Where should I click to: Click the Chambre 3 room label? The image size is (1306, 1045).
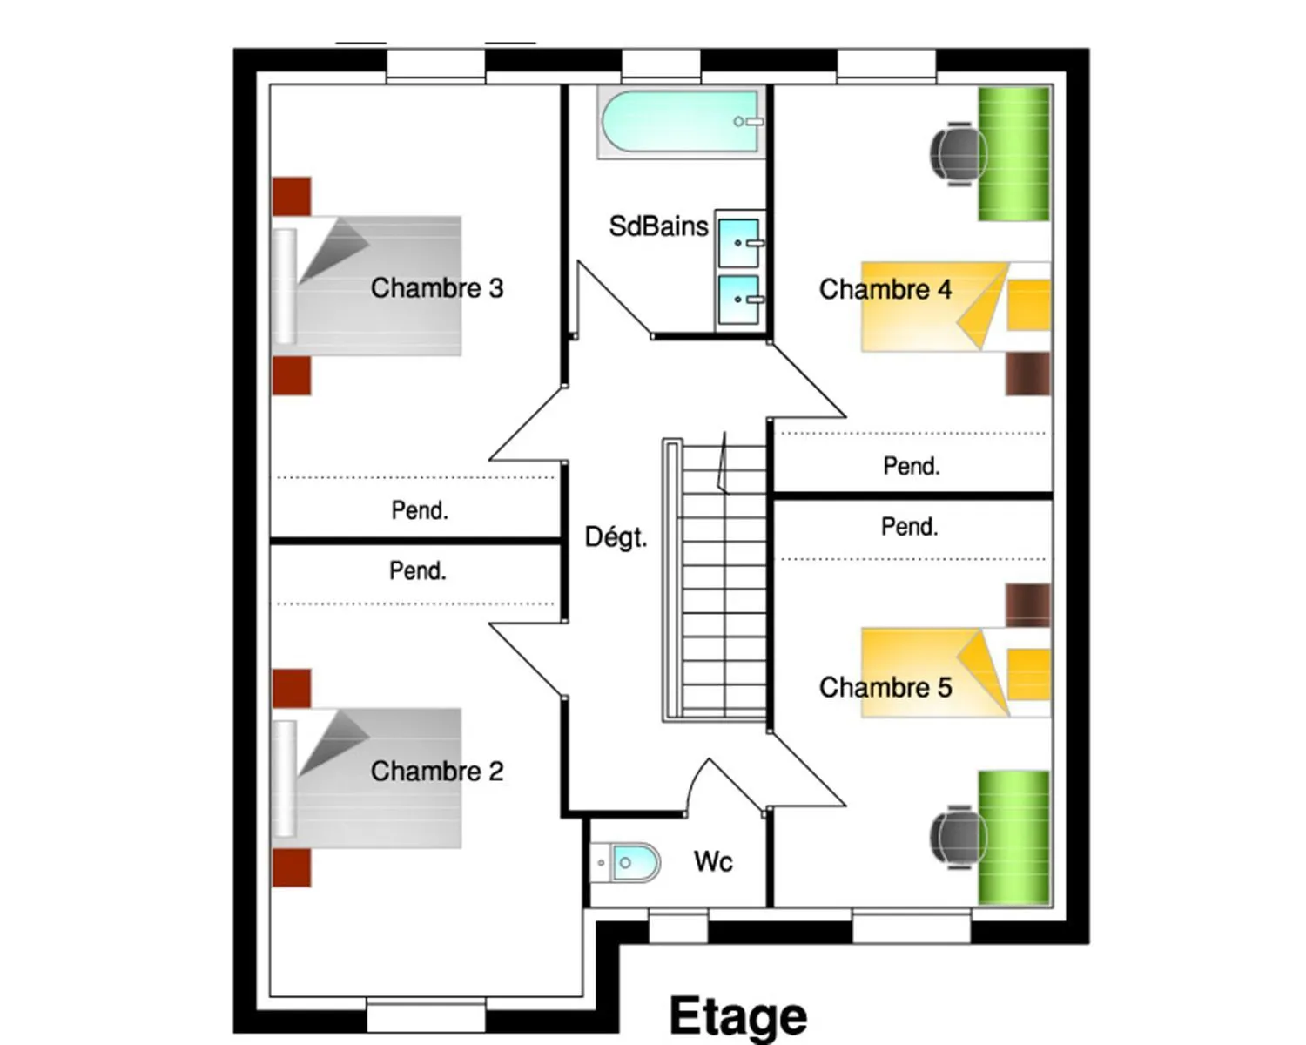pos(437,288)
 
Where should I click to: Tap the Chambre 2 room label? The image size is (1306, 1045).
pos(437,772)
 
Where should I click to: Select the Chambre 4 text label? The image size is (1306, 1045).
pos(885,289)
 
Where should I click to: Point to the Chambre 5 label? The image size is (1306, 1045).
pos(885,687)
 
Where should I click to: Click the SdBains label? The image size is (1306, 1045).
pos(658,226)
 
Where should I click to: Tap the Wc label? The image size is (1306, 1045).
pos(714,861)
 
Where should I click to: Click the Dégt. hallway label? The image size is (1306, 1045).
pos(616,536)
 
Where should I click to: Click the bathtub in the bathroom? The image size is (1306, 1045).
pos(681,122)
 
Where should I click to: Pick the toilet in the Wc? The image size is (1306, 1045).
pos(625,862)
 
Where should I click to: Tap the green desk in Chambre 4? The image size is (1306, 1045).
pos(1014,154)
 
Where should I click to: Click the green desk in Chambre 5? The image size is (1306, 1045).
pos(1014,838)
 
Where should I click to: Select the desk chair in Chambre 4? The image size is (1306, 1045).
pos(956,154)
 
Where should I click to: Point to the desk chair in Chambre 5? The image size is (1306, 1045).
pos(956,837)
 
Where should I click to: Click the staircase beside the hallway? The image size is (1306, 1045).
pos(715,580)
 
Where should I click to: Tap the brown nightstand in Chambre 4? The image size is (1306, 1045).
pos(1028,374)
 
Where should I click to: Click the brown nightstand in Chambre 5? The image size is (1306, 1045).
pos(1028,604)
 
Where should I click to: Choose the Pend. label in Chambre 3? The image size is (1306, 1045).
pos(420,510)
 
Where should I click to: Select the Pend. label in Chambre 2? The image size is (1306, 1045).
pos(418,570)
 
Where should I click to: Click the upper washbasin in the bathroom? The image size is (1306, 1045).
pos(739,243)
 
